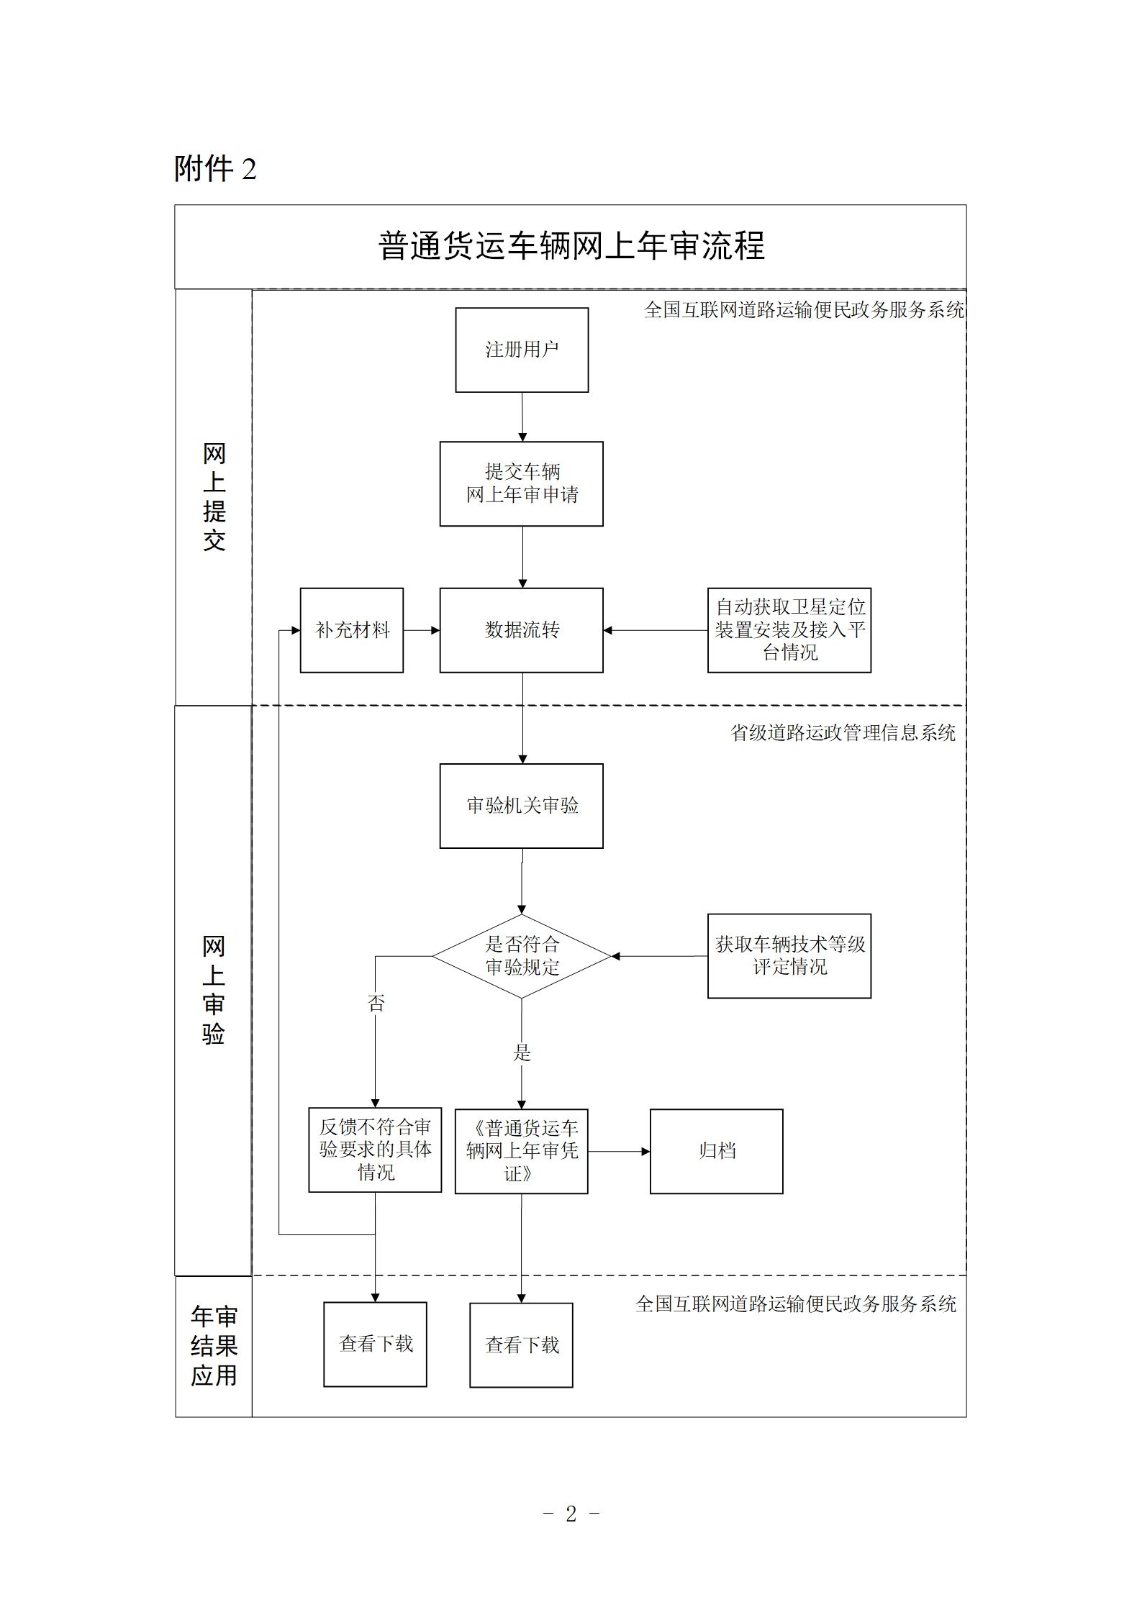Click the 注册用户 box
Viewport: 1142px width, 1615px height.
pos(522,350)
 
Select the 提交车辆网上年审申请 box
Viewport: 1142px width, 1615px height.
pos(522,483)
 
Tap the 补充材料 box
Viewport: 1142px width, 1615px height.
pos(352,630)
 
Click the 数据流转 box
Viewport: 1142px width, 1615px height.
pos(522,630)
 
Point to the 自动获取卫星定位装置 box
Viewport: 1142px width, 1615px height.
pos(789,630)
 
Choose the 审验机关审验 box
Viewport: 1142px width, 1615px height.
pos(522,806)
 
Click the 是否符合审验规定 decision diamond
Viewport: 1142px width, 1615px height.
pos(522,956)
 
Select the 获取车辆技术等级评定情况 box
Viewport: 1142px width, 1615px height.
pos(789,956)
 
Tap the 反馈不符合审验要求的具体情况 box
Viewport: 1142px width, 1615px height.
pos(375,1150)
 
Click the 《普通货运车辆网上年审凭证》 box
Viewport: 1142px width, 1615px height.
pos(522,1151)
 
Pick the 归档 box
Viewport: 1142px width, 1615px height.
pos(717,1151)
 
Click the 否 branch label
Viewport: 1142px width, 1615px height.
pos(376,1003)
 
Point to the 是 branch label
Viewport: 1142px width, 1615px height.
pos(522,1053)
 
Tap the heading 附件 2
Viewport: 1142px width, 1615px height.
pos(215,169)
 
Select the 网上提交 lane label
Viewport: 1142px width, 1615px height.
pos(214,497)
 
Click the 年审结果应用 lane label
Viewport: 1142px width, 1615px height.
pos(214,1345)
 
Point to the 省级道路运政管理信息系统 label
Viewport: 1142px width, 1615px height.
pos(843,733)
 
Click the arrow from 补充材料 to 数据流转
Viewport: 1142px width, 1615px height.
pos(422,630)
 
